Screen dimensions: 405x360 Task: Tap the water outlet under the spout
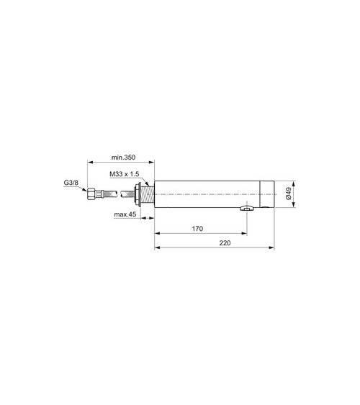point(246,209)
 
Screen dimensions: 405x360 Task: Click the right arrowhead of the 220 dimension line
point(272,250)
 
